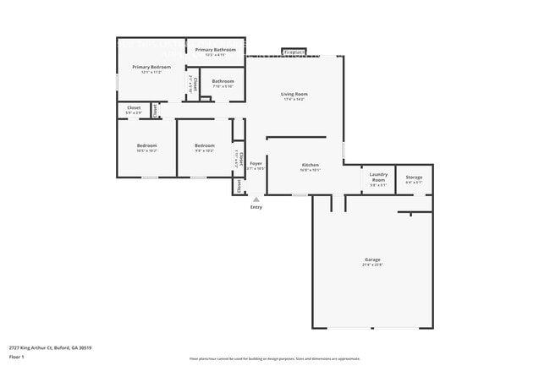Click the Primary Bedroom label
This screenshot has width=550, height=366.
click(x=146, y=67)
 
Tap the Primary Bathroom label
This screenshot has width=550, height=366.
click(x=216, y=50)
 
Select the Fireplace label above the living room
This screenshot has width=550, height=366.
click(x=294, y=52)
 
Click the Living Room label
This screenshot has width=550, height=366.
click(x=294, y=94)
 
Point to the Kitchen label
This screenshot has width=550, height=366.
click(x=311, y=164)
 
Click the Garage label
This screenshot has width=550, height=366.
click(x=372, y=259)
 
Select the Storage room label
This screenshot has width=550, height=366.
click(x=414, y=178)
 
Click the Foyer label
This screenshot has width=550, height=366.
click(x=256, y=163)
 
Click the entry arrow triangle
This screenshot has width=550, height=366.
click(x=256, y=199)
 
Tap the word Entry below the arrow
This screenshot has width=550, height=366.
click(x=256, y=207)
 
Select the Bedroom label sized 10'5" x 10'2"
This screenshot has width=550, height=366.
click(x=147, y=145)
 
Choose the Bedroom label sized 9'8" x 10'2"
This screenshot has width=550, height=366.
click(x=204, y=145)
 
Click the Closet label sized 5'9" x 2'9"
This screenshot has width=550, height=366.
click(x=134, y=107)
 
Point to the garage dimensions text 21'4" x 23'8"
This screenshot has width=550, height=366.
click(x=372, y=265)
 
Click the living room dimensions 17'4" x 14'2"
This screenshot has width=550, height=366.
click(x=294, y=99)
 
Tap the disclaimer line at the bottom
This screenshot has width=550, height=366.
click(x=274, y=358)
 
